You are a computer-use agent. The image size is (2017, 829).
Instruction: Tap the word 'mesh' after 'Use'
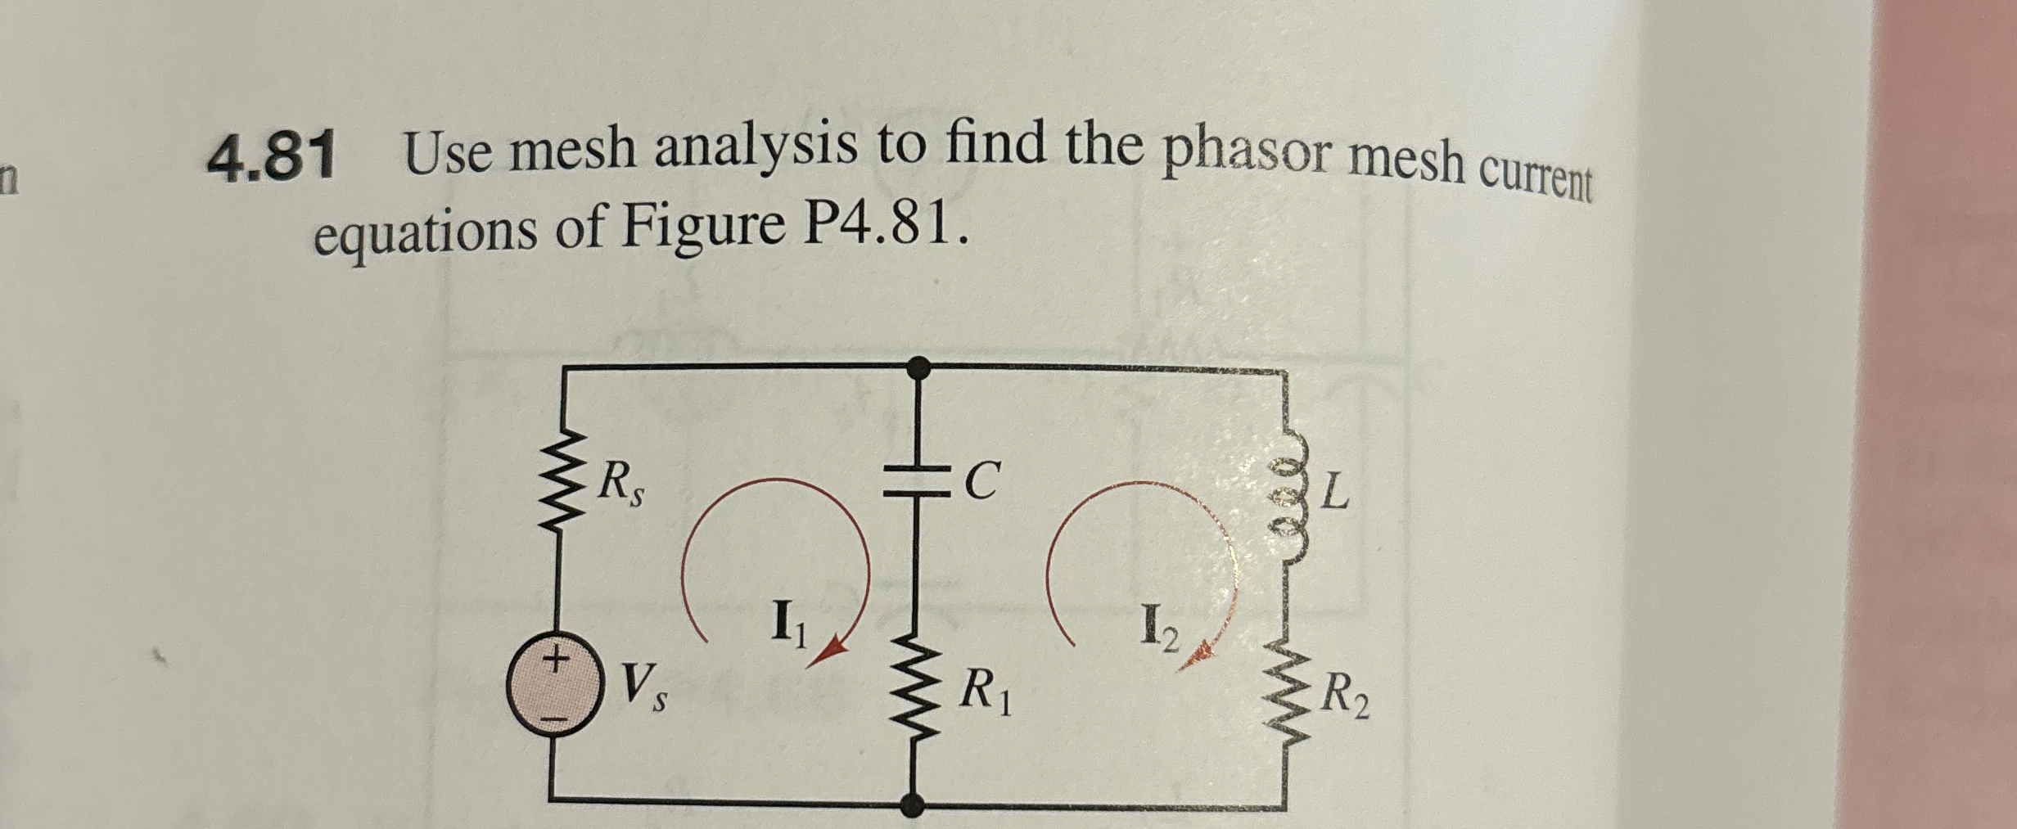[573, 151]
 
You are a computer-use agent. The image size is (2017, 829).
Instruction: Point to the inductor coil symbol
[1284, 496]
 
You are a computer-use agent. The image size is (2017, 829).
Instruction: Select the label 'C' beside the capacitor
[981, 481]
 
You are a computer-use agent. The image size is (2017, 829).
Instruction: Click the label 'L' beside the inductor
[1335, 492]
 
